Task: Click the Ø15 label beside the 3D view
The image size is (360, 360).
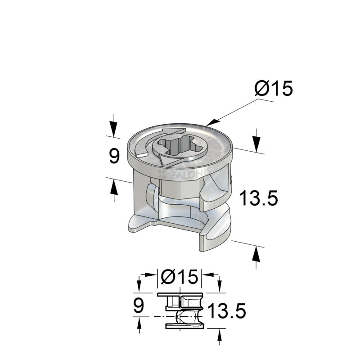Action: click(273, 89)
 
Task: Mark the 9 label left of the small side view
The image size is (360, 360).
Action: click(139, 306)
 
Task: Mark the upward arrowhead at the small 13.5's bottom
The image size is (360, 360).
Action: click(219, 334)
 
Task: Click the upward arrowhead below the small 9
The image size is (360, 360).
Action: click(139, 324)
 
